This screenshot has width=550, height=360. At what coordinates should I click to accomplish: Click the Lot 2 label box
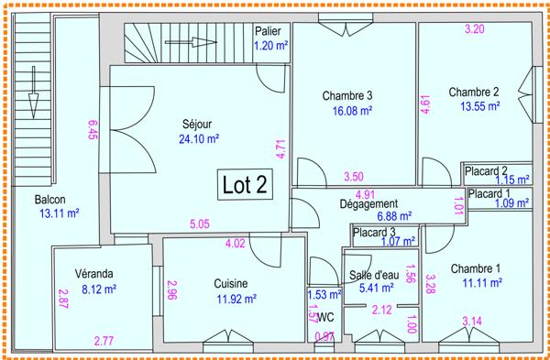[245, 184]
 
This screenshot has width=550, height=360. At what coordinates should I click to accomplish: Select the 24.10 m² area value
[199, 139]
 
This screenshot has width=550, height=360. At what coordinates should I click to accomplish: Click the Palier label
[268, 31]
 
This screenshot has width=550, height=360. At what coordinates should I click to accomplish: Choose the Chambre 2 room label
[474, 91]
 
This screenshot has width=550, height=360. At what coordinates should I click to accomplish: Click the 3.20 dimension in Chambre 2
[474, 29]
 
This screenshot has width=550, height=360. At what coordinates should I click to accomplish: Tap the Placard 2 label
[486, 170]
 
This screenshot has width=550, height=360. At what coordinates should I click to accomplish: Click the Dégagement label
[368, 203]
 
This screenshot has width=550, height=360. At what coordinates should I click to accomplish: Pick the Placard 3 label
[373, 233]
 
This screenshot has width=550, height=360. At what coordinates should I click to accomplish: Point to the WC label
[324, 318]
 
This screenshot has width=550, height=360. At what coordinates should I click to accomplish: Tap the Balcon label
[50, 200]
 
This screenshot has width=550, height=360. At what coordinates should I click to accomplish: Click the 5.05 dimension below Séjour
[199, 224]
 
